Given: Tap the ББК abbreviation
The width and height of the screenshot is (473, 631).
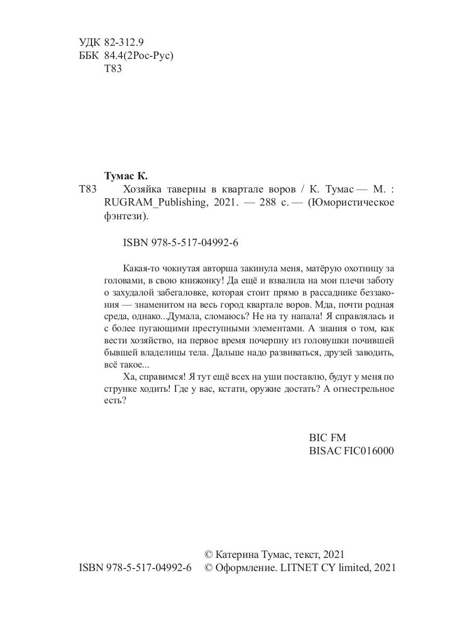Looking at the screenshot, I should [89, 56].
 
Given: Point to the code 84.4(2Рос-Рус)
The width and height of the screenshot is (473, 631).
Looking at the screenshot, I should [139, 56].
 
